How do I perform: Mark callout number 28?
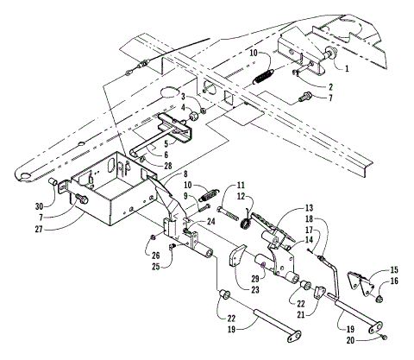pyautogui.click(x=167, y=166)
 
